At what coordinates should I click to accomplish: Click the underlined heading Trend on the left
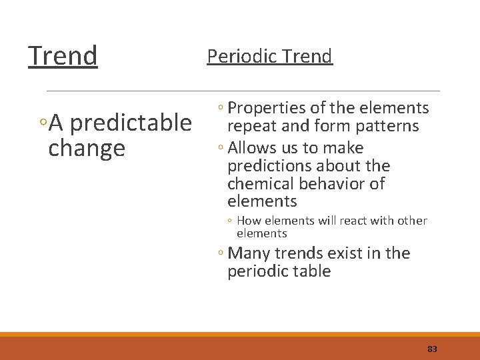point(63,56)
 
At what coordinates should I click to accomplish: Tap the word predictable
point(130,123)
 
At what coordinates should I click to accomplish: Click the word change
point(87,148)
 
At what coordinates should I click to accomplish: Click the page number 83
point(432,349)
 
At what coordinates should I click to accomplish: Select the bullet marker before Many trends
point(220,254)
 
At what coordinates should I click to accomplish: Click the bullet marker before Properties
point(220,109)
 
